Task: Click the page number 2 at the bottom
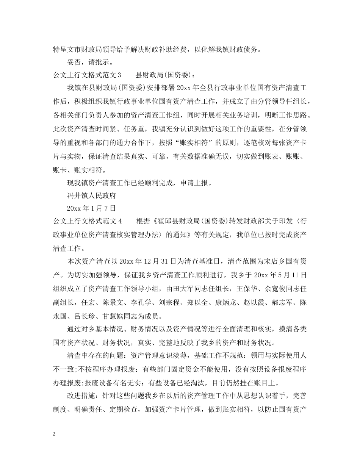pos(55,434)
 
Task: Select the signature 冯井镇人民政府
pos(91,196)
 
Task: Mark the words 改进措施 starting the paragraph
pos(80,396)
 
